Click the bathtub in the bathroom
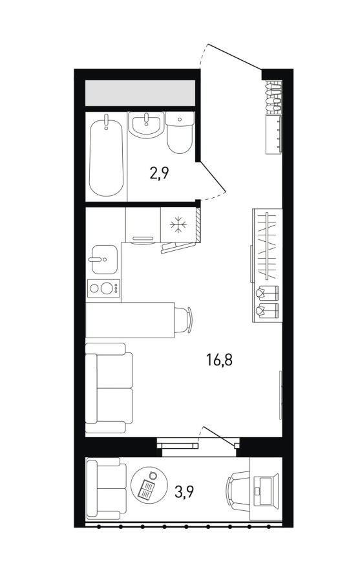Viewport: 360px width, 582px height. [x=106, y=156]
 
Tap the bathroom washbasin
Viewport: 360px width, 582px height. [x=146, y=125]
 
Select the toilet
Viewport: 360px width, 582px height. [x=180, y=133]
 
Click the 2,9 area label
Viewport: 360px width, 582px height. [x=159, y=173]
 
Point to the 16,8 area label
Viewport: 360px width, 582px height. [x=219, y=360]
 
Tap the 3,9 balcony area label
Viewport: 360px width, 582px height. [x=184, y=492]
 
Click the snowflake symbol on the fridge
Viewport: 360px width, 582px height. [x=178, y=224]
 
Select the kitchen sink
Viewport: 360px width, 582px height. [x=105, y=259]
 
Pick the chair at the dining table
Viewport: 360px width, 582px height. [x=184, y=320]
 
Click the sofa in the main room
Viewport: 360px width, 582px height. [x=109, y=388]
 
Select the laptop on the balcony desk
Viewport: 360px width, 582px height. [x=266, y=490]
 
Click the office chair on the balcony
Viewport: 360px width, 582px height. [x=238, y=490]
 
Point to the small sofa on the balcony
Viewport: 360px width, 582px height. [x=103, y=488]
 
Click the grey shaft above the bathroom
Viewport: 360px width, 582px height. [x=140, y=92]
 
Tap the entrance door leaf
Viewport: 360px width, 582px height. [x=234, y=57]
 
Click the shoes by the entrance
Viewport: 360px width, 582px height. [x=274, y=96]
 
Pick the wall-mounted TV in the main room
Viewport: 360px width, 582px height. [x=281, y=395]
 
